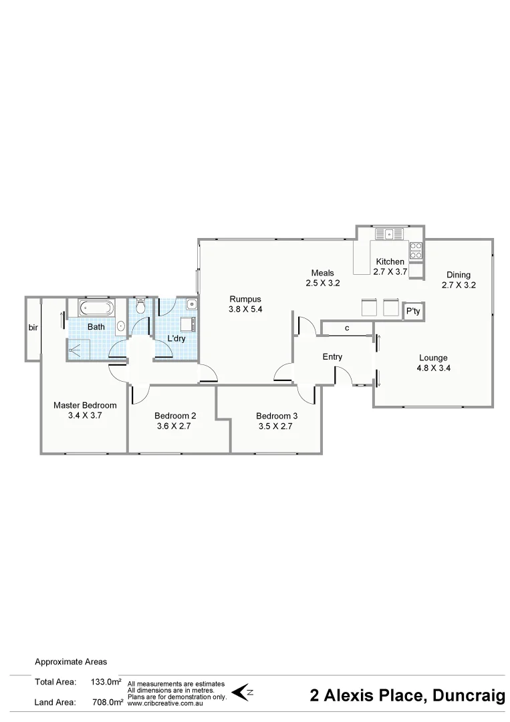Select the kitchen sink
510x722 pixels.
pos(388,234)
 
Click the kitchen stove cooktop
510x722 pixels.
pos(416,251)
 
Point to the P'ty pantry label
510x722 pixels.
pos(414,312)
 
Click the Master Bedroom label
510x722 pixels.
pos(85,405)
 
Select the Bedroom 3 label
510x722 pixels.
pos(277,416)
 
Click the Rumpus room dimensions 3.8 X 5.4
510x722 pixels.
pos(245,310)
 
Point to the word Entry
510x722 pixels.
pos(332,357)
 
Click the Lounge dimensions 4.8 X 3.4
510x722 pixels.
pos(433,368)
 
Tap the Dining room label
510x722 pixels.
pos(459,275)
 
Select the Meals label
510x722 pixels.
pos(322,273)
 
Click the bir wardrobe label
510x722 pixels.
pos(32,328)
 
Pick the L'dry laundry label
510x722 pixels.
pos(176,338)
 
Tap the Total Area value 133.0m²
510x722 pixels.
pos(106,682)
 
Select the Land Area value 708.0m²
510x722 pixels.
pos(107,702)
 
